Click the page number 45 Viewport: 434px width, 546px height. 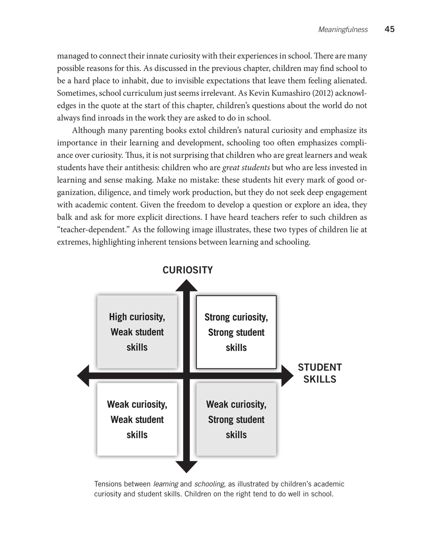(389, 30)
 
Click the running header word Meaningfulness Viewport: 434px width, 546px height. (343, 30)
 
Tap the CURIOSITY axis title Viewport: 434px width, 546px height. (187, 270)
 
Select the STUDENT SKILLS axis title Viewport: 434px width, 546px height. (319, 373)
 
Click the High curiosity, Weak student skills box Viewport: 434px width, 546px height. (137, 332)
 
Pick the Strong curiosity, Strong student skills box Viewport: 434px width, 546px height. (236, 332)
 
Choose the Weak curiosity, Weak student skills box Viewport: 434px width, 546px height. (137, 420)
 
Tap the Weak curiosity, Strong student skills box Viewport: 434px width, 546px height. (236, 420)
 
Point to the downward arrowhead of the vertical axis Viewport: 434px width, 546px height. (187, 467)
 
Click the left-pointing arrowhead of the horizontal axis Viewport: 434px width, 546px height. (83, 376)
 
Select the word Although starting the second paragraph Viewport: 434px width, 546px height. (88, 131)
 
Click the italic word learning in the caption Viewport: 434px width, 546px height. (165, 484)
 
